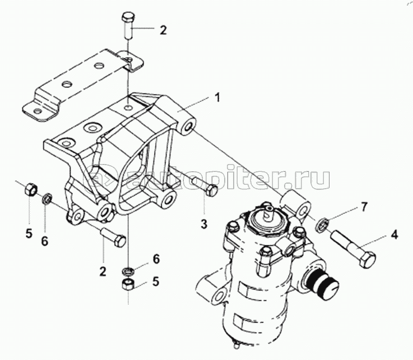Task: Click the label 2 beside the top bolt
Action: tap(163, 30)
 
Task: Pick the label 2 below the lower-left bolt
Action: tap(103, 272)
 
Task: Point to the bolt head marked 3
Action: tap(212, 191)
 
